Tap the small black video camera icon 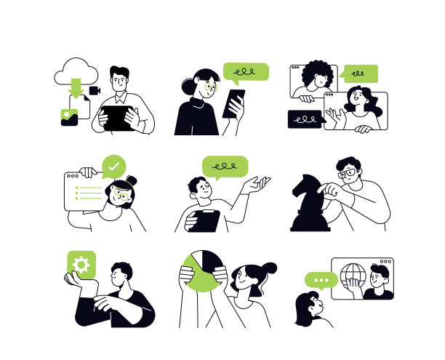coord(95,89)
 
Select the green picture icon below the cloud coord(69,116)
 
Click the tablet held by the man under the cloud coord(116,116)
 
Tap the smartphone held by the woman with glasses coord(234,103)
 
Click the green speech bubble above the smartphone coord(246,71)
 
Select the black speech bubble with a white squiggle coord(305,119)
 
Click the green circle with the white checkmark coord(113,167)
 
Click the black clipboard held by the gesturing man coord(204,220)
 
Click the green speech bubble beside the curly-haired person coord(360,73)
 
